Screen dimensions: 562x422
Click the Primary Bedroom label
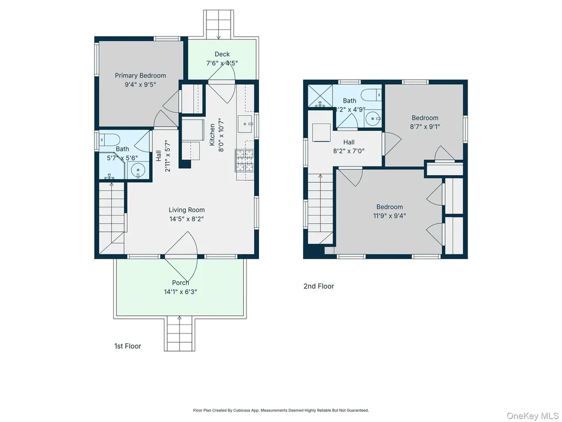click(140, 75)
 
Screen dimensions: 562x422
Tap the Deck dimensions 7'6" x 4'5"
click(222, 63)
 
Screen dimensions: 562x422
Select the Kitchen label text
click(212, 135)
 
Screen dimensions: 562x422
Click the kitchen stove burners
click(245, 160)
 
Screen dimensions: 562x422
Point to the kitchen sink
click(245, 124)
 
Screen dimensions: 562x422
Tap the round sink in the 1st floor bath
click(137, 170)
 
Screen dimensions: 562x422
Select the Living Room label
click(187, 210)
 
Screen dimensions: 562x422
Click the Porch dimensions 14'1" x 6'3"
click(181, 292)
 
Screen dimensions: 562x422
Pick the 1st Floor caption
click(127, 346)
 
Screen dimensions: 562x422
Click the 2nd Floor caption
click(319, 286)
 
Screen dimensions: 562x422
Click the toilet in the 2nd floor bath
click(371, 95)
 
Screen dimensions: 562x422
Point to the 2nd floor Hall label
click(349, 142)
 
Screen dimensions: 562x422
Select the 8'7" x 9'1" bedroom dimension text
click(425, 126)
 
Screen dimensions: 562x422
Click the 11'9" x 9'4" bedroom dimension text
click(390, 215)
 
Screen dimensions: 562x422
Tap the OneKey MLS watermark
click(532, 415)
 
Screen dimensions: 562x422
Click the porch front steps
click(179, 334)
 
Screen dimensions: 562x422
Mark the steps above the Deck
click(218, 24)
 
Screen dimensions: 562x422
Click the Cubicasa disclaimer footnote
click(281, 410)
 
